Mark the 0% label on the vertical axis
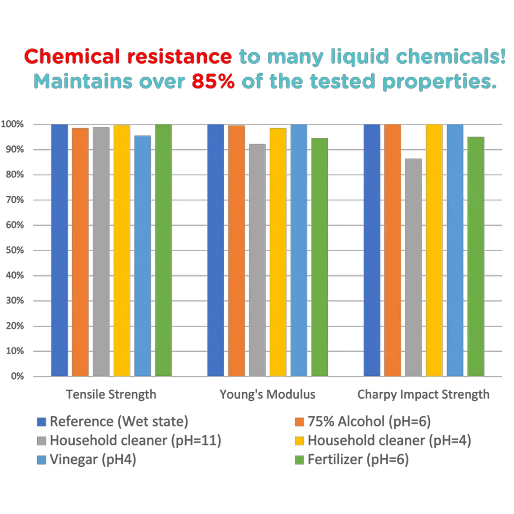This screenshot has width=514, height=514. click(17, 376)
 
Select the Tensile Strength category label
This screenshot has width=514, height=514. click(111, 394)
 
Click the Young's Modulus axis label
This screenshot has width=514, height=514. click(268, 394)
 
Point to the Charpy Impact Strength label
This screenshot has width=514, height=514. click(423, 394)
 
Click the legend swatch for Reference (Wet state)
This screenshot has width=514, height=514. click(41, 422)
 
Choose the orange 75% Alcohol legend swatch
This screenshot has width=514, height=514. click(299, 422)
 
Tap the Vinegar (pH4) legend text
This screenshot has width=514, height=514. click(93, 459)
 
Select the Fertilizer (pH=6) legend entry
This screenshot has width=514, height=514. click(358, 459)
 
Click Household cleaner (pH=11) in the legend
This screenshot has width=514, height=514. click(135, 440)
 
